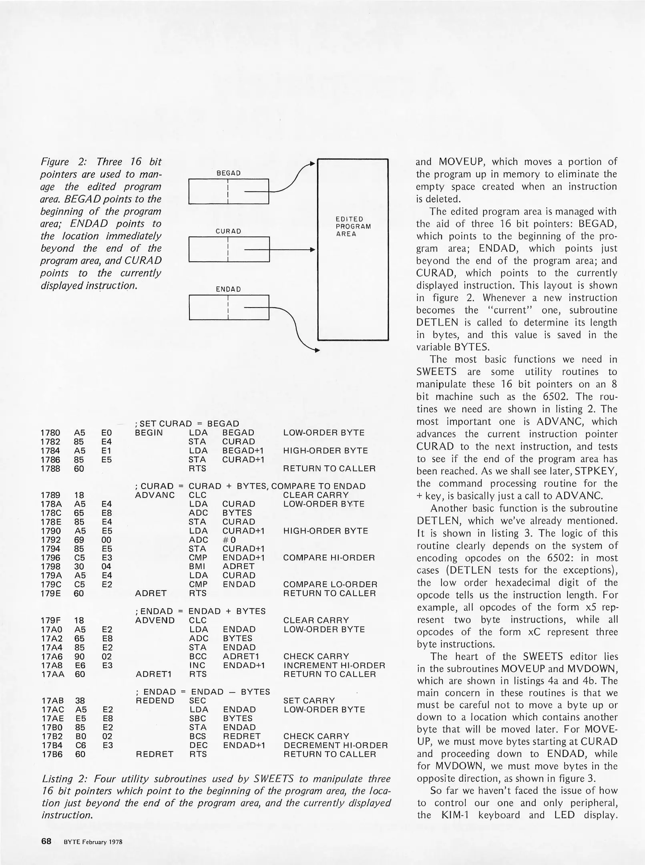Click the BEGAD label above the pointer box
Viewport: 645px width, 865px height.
tap(228, 173)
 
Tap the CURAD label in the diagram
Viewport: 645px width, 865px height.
tap(228, 231)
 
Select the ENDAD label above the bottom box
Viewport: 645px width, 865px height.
tap(228, 289)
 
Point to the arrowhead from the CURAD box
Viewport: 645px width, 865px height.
tap(314, 249)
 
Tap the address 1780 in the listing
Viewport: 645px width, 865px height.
tap(50, 432)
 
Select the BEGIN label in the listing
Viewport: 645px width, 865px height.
tap(149, 432)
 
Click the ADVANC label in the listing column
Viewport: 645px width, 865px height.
tap(155, 495)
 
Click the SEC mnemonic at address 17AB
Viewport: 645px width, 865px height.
tap(197, 700)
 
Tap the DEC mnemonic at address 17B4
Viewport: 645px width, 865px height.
tap(197, 745)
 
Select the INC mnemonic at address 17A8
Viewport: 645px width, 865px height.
tap(197, 665)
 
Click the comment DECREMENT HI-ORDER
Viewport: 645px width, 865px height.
tap(336, 745)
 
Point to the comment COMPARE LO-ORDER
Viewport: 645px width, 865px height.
tap(330, 584)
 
